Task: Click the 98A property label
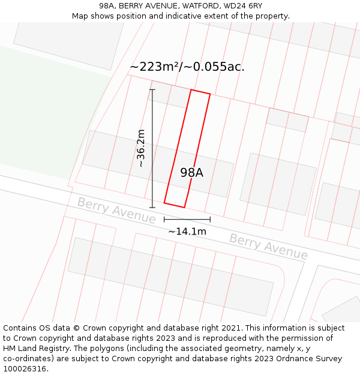point(192,173)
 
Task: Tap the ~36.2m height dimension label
point(142,148)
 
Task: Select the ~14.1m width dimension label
point(187,231)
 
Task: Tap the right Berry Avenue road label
point(268,247)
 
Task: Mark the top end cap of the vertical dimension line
point(152,90)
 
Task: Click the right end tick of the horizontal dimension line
point(210,220)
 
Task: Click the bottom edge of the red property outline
point(174,205)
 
